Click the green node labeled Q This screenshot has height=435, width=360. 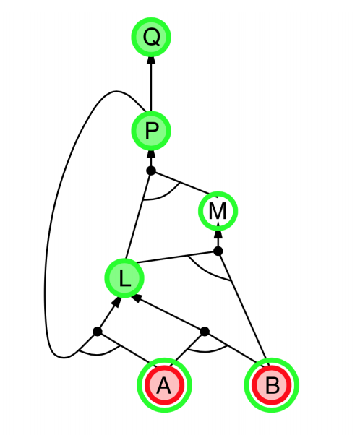point(151,37)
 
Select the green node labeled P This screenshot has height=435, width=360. point(151,130)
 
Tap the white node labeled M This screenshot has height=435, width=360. point(218,211)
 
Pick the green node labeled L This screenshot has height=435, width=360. point(124,277)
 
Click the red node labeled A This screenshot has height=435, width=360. point(165,385)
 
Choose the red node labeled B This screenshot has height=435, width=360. point(272,385)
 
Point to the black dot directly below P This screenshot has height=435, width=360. point(151,171)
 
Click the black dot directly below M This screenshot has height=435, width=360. point(218,251)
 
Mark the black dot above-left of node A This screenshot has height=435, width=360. point(98,331)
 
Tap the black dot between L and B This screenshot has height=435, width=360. point(205,331)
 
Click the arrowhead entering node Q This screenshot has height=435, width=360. point(151,61)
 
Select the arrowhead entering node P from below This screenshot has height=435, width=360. point(151,154)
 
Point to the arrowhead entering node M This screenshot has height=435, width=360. point(218,234)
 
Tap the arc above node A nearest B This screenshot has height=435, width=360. point(206,351)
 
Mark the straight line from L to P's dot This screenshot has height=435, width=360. point(138,215)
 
